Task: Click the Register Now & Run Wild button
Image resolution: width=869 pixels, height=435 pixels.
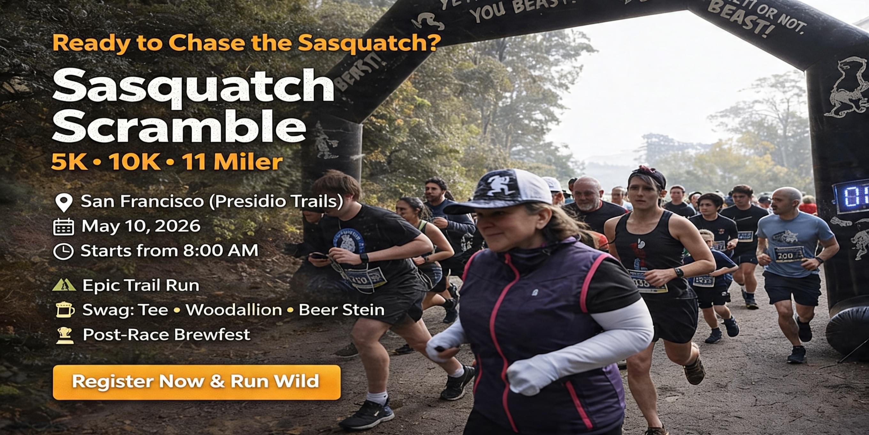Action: click(196, 382)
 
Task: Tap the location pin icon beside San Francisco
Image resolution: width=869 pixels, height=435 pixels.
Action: click(64, 202)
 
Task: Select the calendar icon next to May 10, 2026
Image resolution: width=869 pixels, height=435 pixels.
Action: click(64, 227)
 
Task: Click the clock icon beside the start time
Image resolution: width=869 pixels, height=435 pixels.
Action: click(64, 252)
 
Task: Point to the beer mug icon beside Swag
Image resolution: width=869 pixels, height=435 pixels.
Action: click(65, 310)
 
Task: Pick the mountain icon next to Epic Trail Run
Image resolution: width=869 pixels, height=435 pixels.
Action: click(64, 285)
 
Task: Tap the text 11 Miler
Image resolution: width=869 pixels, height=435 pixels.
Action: click(232, 162)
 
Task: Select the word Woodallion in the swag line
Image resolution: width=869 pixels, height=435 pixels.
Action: click(234, 310)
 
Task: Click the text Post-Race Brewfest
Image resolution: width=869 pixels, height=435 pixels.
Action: click(166, 335)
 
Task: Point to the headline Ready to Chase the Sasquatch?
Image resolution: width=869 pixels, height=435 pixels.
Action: click(247, 43)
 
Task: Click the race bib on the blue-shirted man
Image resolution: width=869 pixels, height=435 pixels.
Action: click(788, 254)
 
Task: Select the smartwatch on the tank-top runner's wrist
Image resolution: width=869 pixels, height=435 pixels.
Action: click(678, 272)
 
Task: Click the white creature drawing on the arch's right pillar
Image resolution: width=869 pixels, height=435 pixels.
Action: click(849, 88)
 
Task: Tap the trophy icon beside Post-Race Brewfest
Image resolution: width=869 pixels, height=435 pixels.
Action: click(65, 335)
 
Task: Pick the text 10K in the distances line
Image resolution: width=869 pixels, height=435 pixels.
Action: click(134, 162)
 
